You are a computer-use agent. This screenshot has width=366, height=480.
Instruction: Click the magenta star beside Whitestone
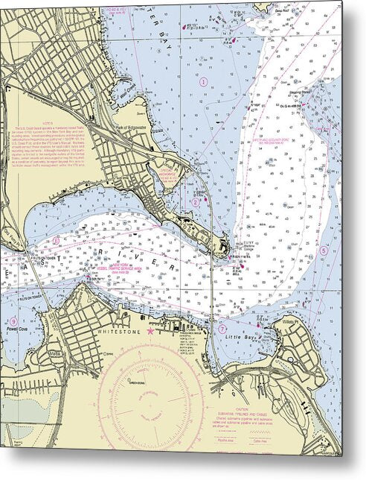tap(151, 329)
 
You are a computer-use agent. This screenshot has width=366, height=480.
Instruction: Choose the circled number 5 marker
tap(323, 250)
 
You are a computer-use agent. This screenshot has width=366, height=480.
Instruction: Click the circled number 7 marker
tap(222, 329)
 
